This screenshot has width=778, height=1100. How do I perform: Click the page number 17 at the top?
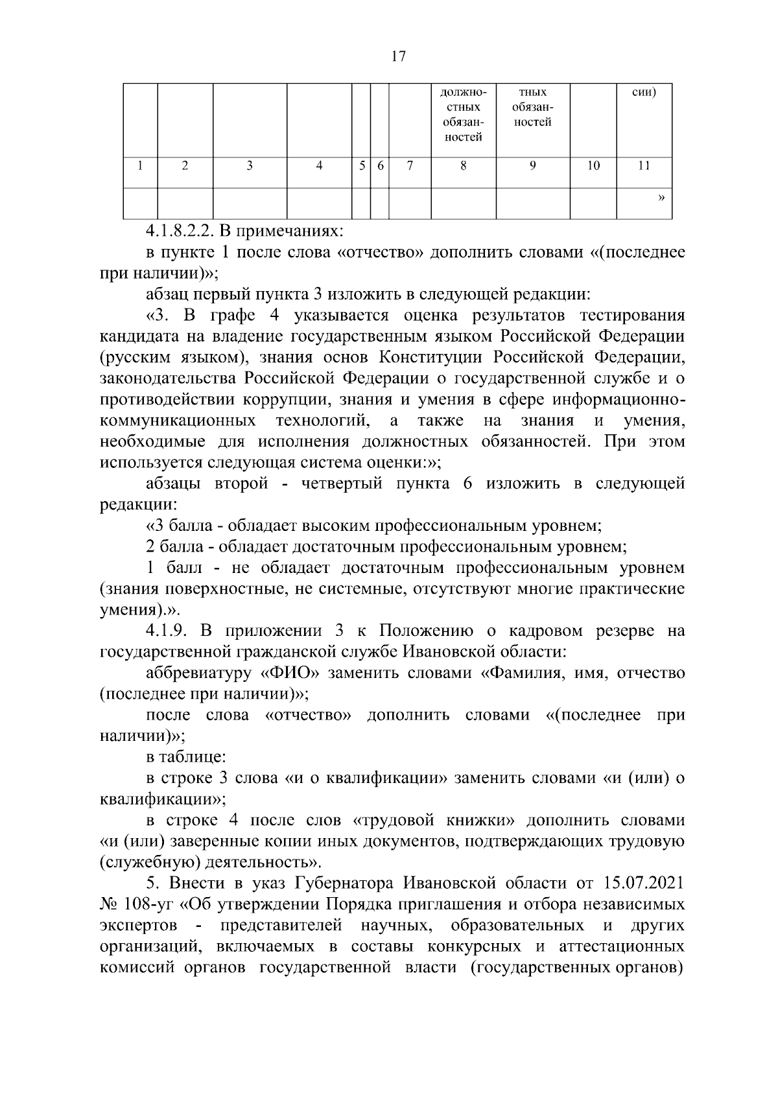(x=399, y=56)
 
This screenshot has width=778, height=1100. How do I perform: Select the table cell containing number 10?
(x=593, y=166)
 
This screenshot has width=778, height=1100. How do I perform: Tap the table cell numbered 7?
(x=409, y=166)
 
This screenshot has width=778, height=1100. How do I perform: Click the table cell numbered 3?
(x=250, y=166)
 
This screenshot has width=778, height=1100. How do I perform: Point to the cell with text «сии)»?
(x=643, y=93)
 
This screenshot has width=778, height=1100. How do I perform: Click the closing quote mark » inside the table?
(x=661, y=196)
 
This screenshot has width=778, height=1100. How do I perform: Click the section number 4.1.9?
(x=168, y=631)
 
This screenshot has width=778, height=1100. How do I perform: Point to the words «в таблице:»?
(x=185, y=756)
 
